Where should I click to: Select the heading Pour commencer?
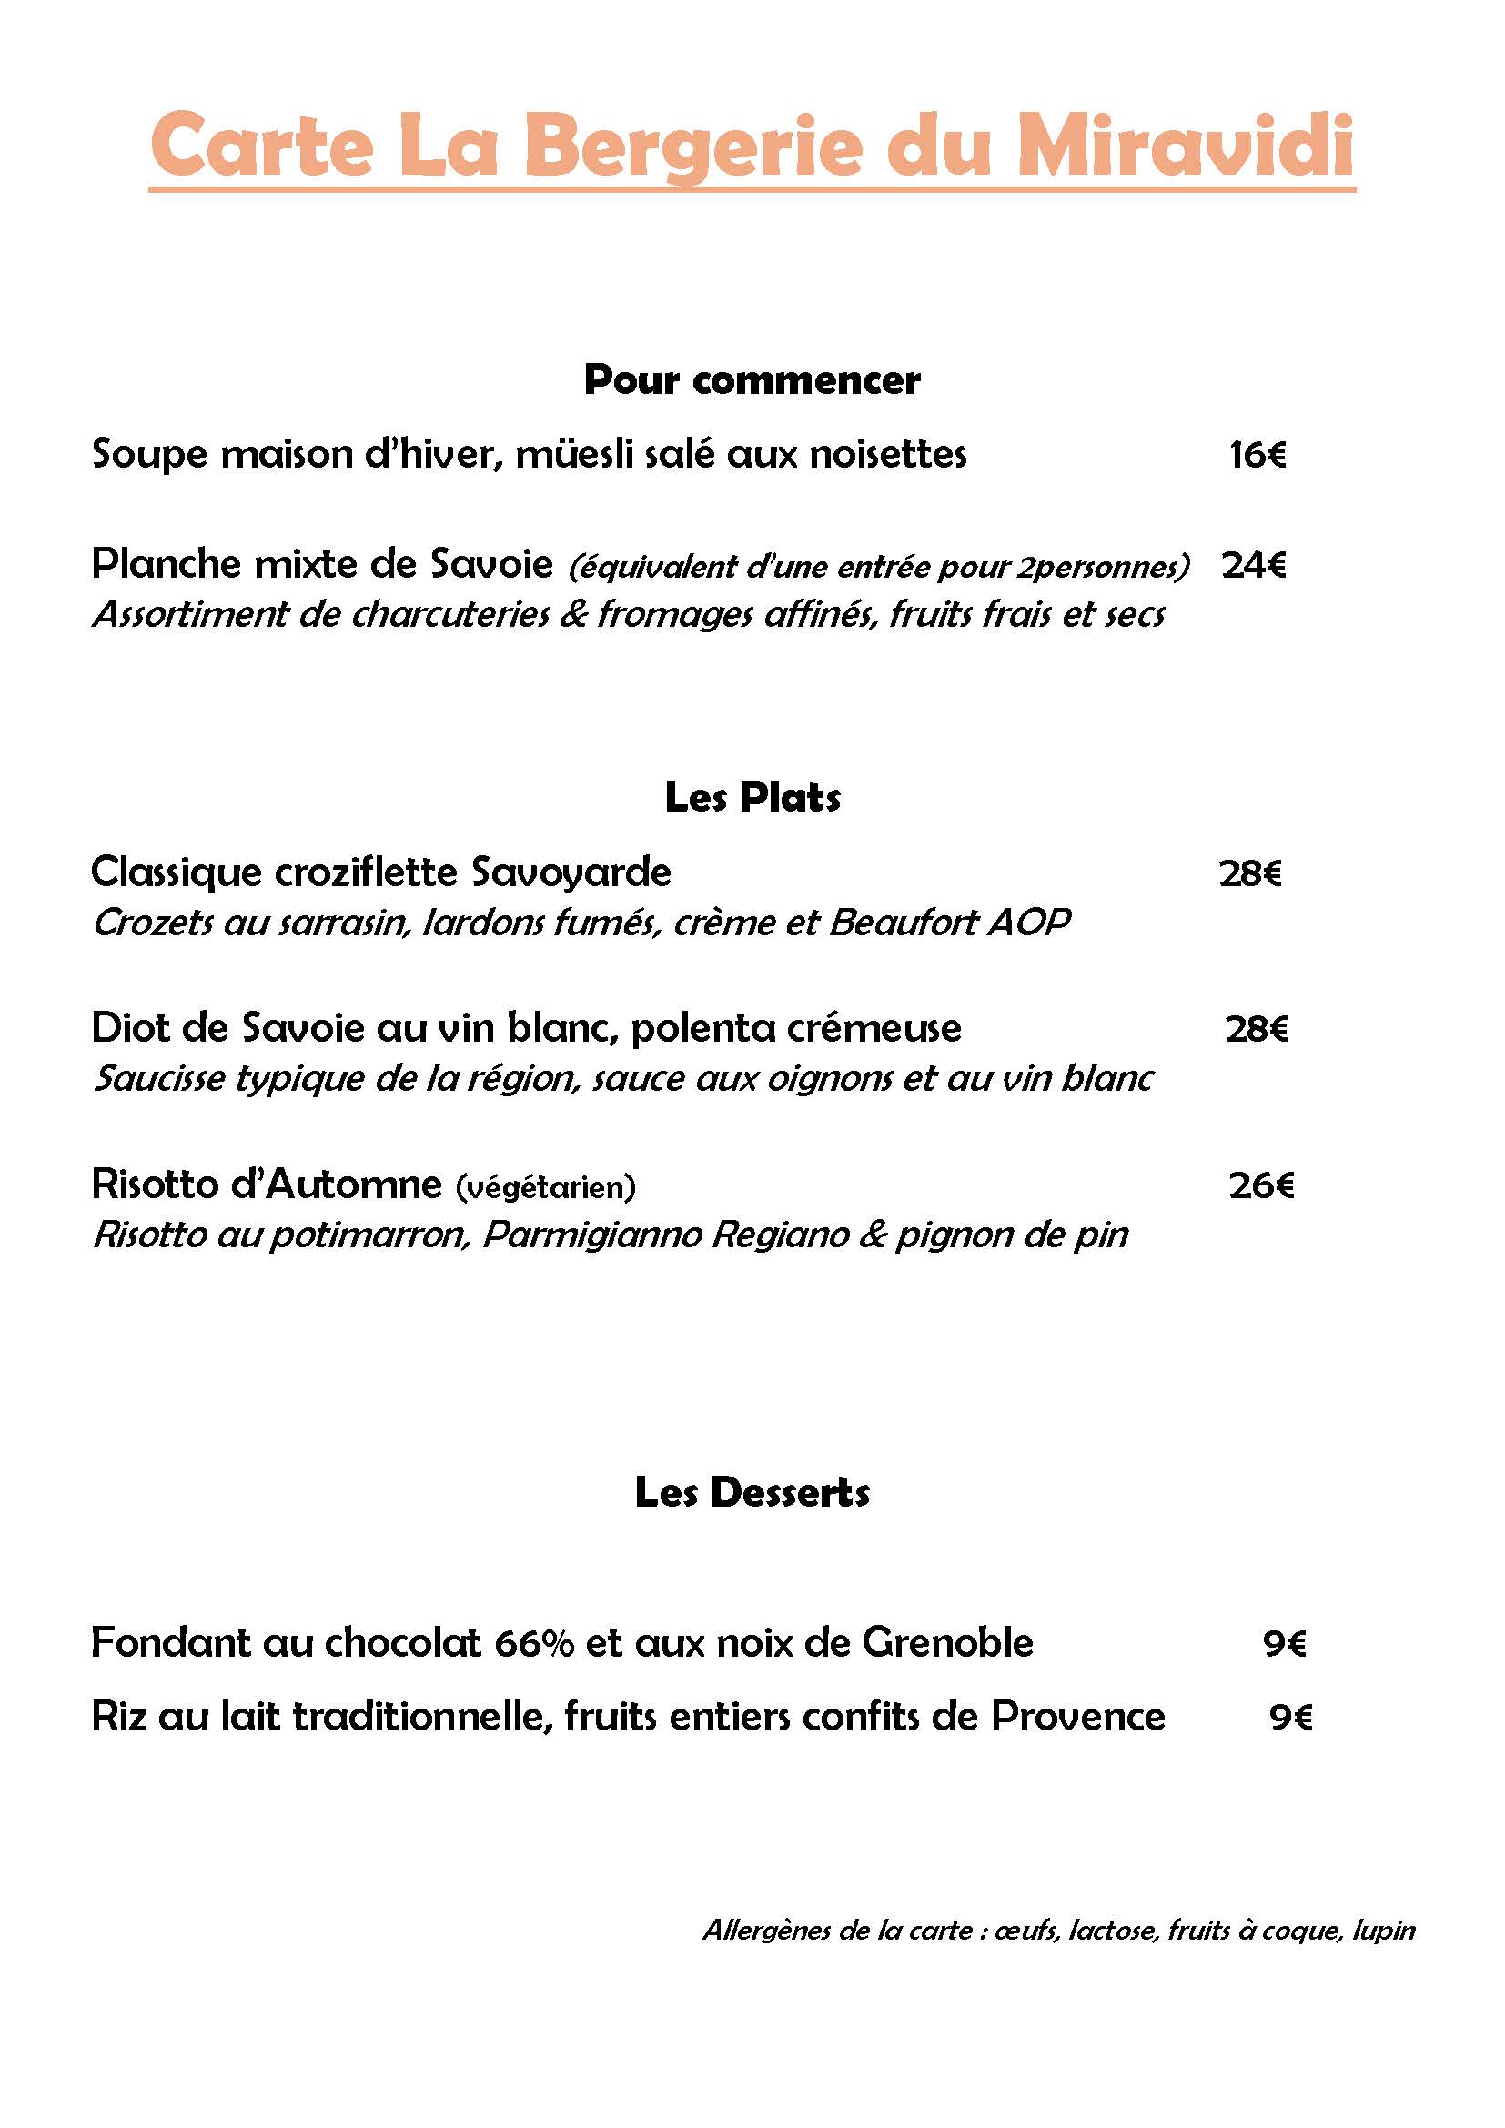coord(752,380)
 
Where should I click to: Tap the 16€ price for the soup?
coord(1258,454)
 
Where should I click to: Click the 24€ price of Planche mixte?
coord(1254,564)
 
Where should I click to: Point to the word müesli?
coord(568,454)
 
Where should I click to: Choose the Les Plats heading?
coord(752,797)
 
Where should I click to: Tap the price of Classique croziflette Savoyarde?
coord(1250,873)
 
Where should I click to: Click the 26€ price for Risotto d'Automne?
coord(1261,1185)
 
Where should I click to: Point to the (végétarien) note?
coord(546,1186)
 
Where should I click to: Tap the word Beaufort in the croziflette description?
coord(903,923)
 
